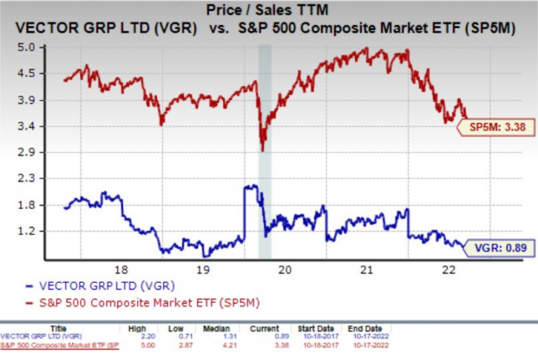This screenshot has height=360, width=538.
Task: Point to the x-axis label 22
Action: tap(449, 269)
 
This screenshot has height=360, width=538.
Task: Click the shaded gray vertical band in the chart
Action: tap(266, 147)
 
